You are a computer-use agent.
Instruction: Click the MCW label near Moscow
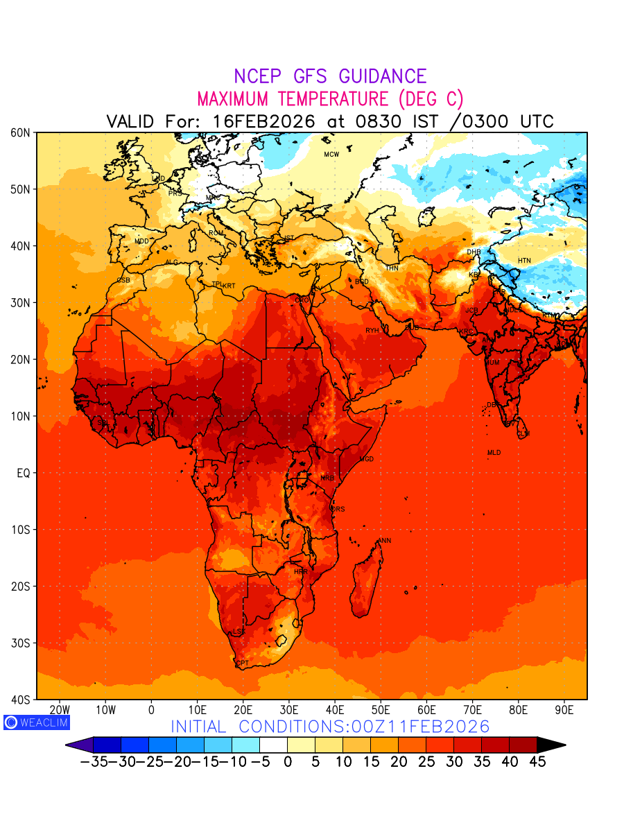pyautogui.click(x=331, y=155)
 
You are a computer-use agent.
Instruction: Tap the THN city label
pyautogui.click(x=392, y=268)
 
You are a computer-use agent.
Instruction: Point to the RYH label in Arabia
pyautogui.click(x=372, y=331)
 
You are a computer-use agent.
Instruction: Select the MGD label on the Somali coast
pyautogui.click(x=367, y=460)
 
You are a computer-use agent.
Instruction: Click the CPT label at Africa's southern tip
pyautogui.click(x=243, y=664)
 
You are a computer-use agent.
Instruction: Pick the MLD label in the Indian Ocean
pyautogui.click(x=494, y=453)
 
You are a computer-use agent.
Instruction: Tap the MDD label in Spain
pyautogui.click(x=141, y=241)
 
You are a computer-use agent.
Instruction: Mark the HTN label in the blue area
pyautogui.click(x=524, y=261)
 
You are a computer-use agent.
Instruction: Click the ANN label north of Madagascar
pyautogui.click(x=384, y=541)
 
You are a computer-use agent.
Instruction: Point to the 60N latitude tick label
pyautogui.click(x=19, y=132)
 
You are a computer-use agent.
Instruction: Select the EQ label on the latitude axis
pyautogui.click(x=22, y=473)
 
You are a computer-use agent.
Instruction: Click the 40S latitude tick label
pyautogui.click(x=19, y=700)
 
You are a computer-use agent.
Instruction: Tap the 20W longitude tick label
pyautogui.click(x=60, y=710)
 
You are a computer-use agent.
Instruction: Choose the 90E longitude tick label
pyautogui.click(x=564, y=710)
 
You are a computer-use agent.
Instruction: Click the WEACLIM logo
pyautogui.click(x=36, y=722)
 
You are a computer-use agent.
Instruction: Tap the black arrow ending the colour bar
pyautogui.click(x=551, y=745)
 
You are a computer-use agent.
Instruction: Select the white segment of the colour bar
pyautogui.click(x=273, y=745)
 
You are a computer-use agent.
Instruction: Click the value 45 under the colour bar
pyautogui.click(x=537, y=762)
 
